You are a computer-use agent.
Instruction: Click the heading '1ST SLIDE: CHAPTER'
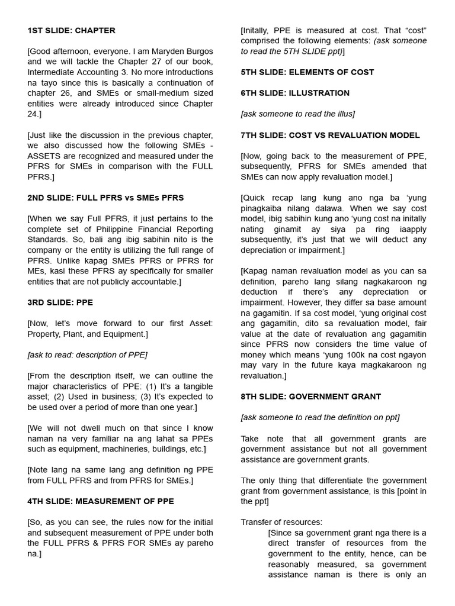pos(71,30)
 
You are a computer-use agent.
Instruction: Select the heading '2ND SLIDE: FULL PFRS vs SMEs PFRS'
pos(105,198)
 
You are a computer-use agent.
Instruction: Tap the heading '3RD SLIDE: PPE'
pos(60,302)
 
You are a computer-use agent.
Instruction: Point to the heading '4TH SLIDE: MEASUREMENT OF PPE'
pos(101,501)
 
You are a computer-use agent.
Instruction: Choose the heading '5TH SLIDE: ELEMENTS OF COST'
pos(307,72)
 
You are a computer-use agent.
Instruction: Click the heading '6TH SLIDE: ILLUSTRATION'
pos(295,93)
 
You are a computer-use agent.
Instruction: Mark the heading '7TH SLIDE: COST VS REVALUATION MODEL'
pos(330,135)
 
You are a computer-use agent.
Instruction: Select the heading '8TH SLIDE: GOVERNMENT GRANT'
pos(310,397)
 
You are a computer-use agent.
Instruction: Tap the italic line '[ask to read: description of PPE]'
pos(87,354)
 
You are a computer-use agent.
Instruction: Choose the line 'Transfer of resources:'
pos(281,522)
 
